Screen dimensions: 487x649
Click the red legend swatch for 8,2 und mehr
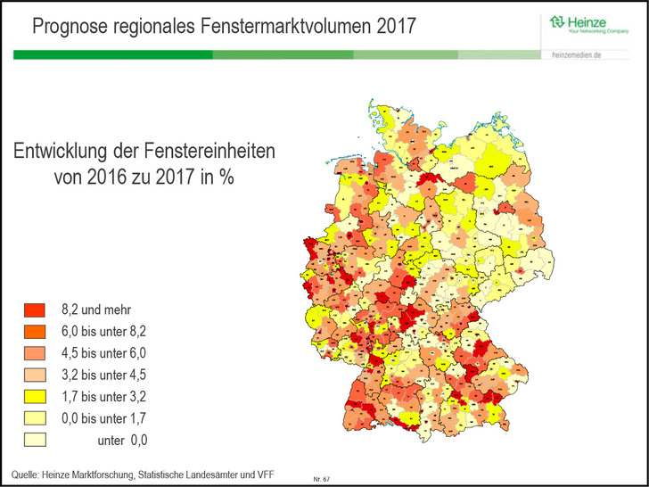click(x=34, y=310)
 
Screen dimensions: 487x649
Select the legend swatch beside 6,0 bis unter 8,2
click(x=34, y=332)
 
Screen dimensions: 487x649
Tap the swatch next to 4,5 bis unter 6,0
click(x=34, y=353)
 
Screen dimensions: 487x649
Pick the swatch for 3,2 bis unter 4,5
click(x=34, y=375)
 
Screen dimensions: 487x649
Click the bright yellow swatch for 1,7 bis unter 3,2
click(x=34, y=396)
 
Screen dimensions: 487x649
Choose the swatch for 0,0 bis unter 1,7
click(x=34, y=417)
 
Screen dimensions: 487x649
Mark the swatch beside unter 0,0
click(x=34, y=439)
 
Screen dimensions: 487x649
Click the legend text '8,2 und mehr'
click(x=96, y=310)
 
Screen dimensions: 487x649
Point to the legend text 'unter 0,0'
click(x=122, y=440)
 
